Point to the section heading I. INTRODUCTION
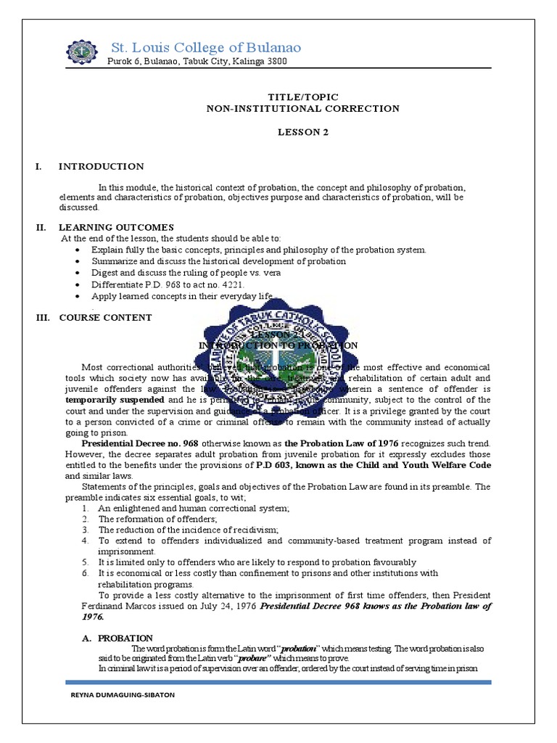pyautogui.click(x=101, y=167)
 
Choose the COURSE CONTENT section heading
pyautogui.click(x=105, y=317)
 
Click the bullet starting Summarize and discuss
pyautogui.click(x=218, y=261)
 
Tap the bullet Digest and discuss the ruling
pyautogui.click(x=186, y=273)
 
